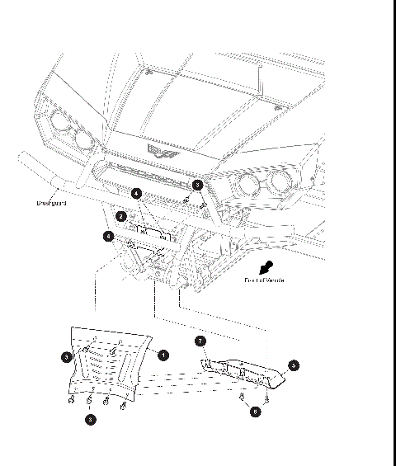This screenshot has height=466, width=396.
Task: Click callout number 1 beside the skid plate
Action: click(163, 355)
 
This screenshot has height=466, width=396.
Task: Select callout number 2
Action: click(121, 217)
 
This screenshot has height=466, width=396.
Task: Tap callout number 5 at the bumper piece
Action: click(293, 364)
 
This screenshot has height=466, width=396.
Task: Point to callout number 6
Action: click(255, 411)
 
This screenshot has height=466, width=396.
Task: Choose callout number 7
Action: click(200, 341)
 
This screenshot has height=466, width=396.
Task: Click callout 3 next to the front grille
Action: click(197, 186)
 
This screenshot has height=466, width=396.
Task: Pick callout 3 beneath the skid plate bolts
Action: click(91, 419)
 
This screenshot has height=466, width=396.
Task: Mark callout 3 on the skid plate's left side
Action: click(67, 357)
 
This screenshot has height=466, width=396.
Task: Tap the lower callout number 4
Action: click(109, 236)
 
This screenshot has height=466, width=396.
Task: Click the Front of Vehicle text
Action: click(264, 280)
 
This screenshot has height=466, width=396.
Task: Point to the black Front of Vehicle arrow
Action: click(265, 267)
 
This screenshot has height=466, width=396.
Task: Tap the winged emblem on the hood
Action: click(158, 149)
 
